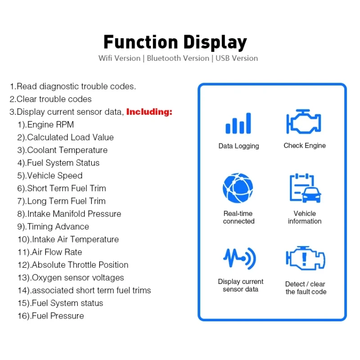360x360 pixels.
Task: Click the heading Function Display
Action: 175,42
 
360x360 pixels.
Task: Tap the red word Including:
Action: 149,112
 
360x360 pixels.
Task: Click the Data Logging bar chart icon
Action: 238,123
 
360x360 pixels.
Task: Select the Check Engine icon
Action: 303,121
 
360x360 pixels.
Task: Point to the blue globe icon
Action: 238,188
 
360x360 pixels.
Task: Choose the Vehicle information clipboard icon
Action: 305,188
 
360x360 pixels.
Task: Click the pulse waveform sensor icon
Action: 239,258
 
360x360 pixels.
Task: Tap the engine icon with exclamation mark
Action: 306,258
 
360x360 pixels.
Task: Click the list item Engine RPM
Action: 46,125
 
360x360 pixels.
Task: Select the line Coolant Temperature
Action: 63,150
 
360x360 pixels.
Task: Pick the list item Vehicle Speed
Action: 50,175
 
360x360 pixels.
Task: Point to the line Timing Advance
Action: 53,227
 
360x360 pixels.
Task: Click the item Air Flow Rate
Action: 50,252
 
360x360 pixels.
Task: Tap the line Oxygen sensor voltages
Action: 71,278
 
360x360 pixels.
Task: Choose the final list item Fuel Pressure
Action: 51,316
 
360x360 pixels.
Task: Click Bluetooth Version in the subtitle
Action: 178,58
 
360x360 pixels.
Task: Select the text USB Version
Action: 237,58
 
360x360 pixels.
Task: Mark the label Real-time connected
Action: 238,217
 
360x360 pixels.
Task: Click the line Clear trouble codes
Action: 50,99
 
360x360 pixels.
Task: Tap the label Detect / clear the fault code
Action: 306,288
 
